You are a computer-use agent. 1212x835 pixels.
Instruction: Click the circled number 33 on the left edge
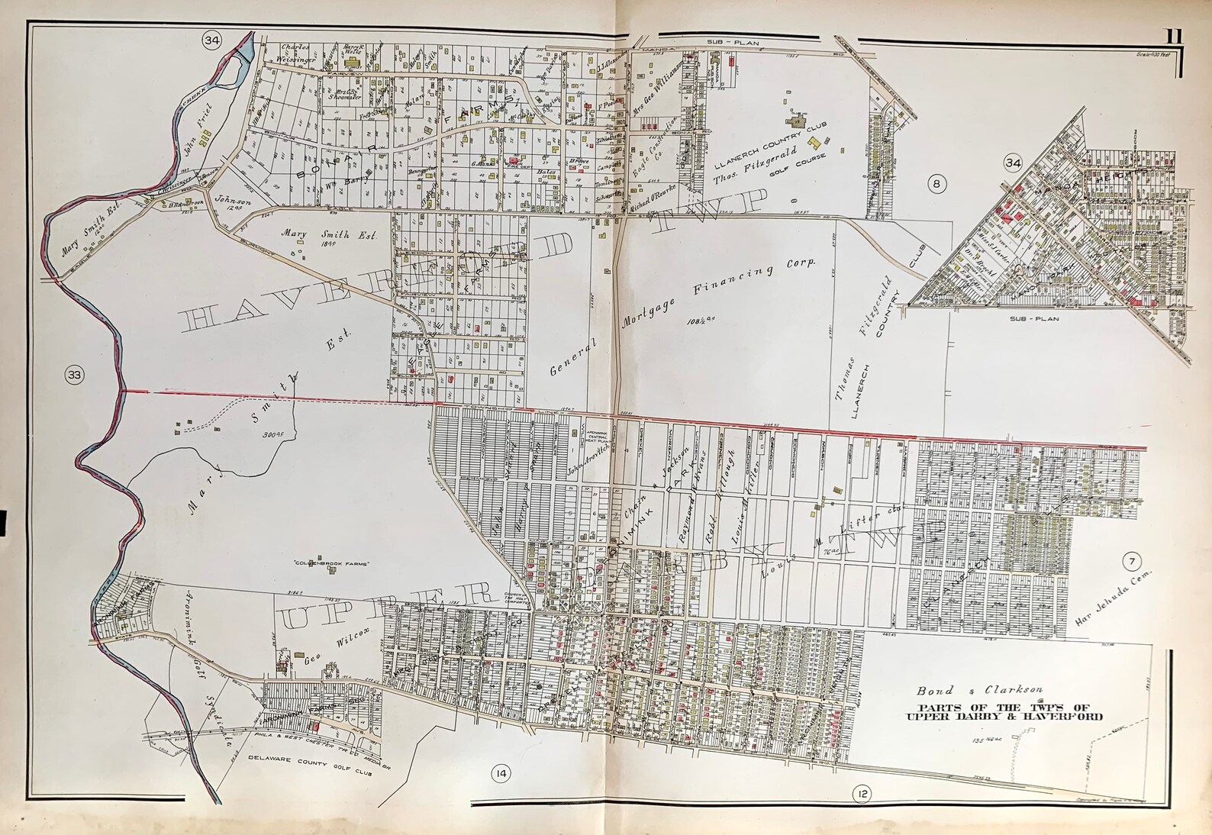pyautogui.click(x=74, y=375)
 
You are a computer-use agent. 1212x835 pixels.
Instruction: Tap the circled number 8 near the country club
pyautogui.click(x=936, y=182)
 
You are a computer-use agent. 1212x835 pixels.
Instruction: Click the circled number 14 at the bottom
pyautogui.click(x=501, y=774)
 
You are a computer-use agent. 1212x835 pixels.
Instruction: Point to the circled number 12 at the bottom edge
pyautogui.click(x=862, y=795)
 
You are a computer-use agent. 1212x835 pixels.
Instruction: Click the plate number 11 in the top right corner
pyautogui.click(x=1174, y=56)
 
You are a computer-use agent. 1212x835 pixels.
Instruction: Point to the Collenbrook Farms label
pyautogui.click(x=329, y=563)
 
